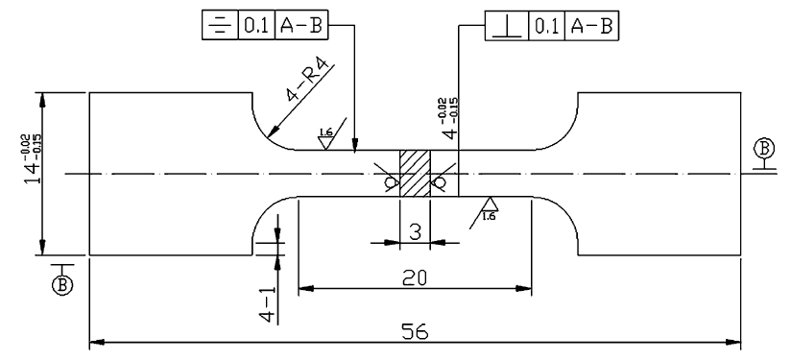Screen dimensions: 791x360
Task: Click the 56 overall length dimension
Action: [415, 331]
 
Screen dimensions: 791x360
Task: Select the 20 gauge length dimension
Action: [415, 277]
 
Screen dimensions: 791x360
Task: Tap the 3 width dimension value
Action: [415, 232]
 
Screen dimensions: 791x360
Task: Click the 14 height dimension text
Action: [35, 158]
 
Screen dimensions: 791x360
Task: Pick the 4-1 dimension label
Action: [268, 304]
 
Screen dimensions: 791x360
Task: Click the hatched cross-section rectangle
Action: [415, 174]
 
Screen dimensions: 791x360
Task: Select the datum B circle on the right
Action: [764, 148]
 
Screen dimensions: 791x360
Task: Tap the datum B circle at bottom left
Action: [62, 285]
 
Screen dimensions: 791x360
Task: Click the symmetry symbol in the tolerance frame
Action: [220, 26]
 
